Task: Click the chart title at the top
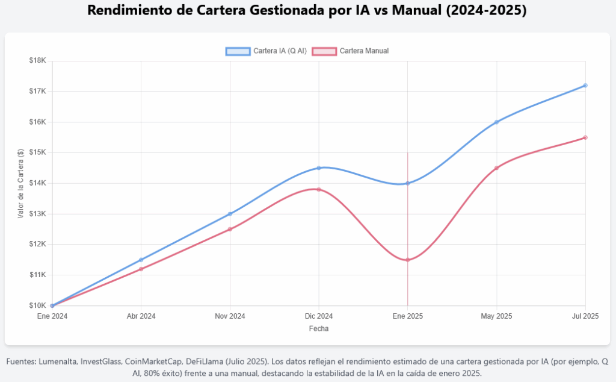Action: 307,11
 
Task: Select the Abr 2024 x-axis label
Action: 141,316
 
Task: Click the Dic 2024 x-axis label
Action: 319,316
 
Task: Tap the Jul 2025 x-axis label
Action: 585,316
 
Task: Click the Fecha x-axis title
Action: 319,329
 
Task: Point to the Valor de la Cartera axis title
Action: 20,183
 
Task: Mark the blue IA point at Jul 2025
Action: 585,86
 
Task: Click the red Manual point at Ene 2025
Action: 408,260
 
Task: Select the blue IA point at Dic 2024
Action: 319,168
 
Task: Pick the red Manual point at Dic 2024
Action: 319,189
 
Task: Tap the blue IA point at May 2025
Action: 496,122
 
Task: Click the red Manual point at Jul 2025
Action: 585,137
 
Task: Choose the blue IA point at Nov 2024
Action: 230,214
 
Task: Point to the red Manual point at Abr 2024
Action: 141,269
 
